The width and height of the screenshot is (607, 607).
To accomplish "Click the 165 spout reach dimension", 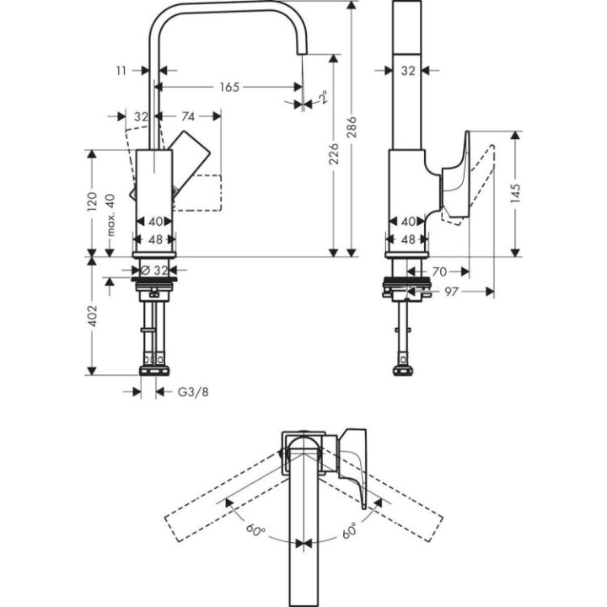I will (228, 86).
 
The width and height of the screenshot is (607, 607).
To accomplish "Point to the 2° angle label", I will (323, 99).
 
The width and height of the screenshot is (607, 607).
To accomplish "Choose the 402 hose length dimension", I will (93, 316).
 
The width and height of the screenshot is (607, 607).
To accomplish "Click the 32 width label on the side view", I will (407, 72).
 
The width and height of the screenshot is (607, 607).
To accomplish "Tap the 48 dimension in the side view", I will (407, 239).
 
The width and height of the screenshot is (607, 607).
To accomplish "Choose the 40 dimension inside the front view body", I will (155, 221).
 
